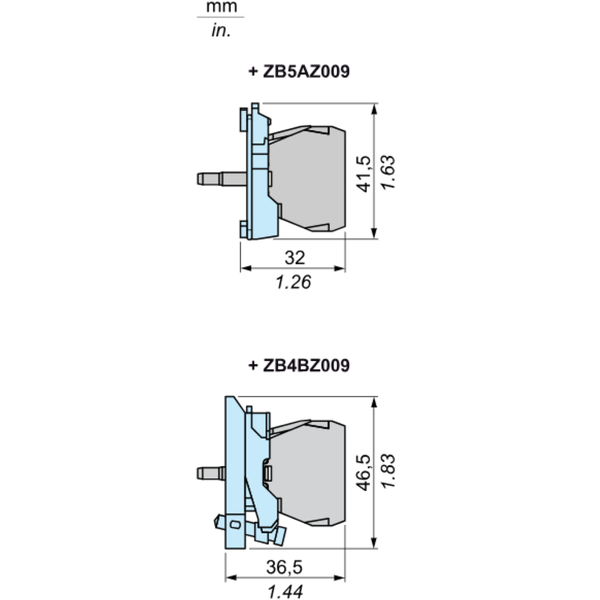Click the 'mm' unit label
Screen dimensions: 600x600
[x=217, y=8]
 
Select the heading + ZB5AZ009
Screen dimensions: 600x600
[x=298, y=71]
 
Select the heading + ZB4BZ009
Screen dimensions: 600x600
[x=298, y=366]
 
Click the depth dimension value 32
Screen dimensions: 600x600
[x=293, y=257]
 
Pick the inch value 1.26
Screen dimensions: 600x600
[x=293, y=282]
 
